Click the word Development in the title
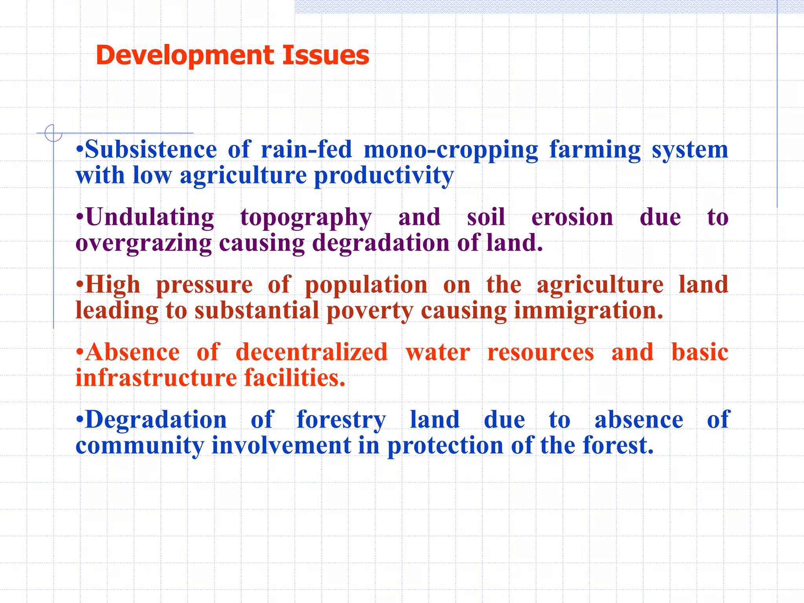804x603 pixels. [x=184, y=55]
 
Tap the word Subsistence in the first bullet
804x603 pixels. [x=151, y=150]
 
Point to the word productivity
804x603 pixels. [x=384, y=175]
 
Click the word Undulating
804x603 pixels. [x=150, y=217]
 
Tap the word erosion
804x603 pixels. [x=572, y=217]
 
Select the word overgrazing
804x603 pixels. [x=144, y=243]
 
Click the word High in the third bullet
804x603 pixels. [x=112, y=285]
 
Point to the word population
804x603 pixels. [x=366, y=285]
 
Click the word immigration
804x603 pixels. [x=588, y=311]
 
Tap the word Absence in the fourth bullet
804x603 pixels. [x=132, y=352]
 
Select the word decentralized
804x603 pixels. [x=311, y=352]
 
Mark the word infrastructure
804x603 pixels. [x=156, y=378]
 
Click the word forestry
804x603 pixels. [x=341, y=420]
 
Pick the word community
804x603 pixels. [x=140, y=446]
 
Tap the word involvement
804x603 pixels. [x=281, y=445]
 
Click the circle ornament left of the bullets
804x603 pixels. [x=53, y=133]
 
